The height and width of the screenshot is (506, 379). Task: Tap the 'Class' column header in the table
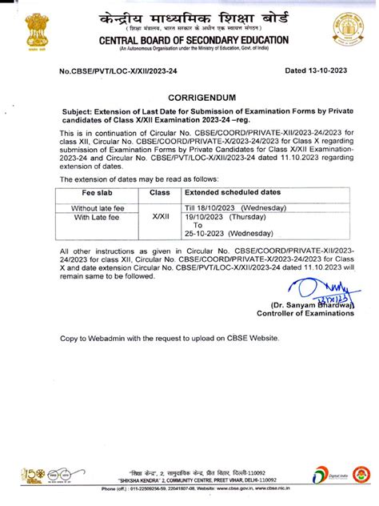(160, 193)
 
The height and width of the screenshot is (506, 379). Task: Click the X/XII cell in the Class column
(160, 217)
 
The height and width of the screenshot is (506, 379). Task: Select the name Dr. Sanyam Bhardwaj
(313, 305)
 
